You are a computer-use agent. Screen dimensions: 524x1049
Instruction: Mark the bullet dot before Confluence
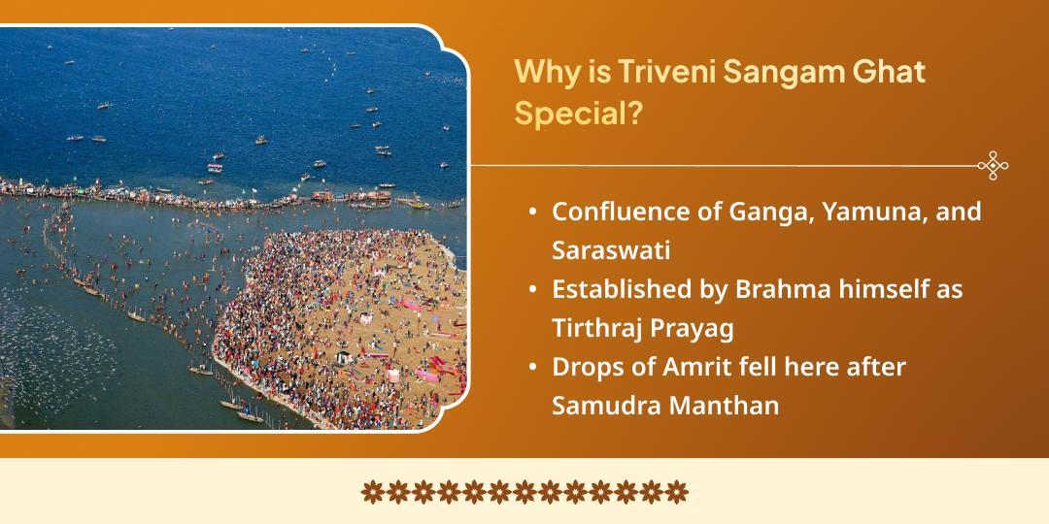[x=533, y=213]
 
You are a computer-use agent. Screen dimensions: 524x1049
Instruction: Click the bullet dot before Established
[x=533, y=289]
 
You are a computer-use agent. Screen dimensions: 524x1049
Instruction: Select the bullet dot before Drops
[x=533, y=368]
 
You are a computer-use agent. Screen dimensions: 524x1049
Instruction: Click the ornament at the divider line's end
[x=993, y=166]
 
